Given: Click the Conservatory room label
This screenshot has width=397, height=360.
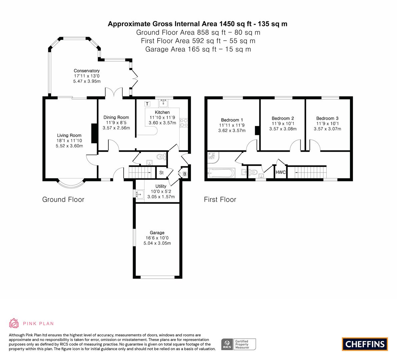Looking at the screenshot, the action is click(x=87, y=71).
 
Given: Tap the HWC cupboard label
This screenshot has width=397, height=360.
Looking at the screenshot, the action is click(x=280, y=172).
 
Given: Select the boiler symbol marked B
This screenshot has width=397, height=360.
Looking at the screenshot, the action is click(x=185, y=174).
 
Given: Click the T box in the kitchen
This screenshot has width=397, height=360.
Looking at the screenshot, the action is click(x=147, y=104).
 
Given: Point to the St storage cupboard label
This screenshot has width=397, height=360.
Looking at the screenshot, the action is click(x=161, y=173).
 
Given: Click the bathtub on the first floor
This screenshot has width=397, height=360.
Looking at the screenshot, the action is click(x=221, y=173).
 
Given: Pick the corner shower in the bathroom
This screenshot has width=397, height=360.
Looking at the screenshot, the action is click(x=213, y=157).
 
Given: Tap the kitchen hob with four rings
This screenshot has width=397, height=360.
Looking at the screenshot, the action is click(x=184, y=123).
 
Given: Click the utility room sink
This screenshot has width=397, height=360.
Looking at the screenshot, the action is click(x=140, y=194).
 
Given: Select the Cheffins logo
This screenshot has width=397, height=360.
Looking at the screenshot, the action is click(x=365, y=344).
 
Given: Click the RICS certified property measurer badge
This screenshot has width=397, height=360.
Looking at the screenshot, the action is click(x=239, y=344).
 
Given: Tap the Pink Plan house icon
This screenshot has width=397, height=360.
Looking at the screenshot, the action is click(x=14, y=323).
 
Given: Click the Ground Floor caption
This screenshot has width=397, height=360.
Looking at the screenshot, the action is click(x=63, y=199).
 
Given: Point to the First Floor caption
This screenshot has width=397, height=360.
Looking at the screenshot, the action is click(x=220, y=199).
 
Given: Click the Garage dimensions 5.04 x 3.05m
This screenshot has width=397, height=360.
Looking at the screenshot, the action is click(x=157, y=243).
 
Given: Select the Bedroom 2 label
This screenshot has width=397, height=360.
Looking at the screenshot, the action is click(x=283, y=118).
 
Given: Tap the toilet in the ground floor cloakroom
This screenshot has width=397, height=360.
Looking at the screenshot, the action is click(x=161, y=157).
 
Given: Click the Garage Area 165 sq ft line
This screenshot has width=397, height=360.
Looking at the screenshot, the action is click(x=198, y=49).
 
